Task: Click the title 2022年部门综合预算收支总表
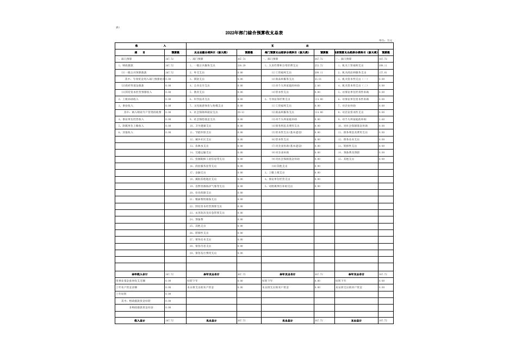(254, 33)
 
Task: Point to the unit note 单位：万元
(386, 40)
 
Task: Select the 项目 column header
(139, 52)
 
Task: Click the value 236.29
(241, 65)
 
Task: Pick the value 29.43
(241, 113)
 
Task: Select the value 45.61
(318, 79)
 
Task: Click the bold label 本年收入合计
(139, 274)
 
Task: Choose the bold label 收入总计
(139, 321)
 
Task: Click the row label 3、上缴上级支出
(278, 172)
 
